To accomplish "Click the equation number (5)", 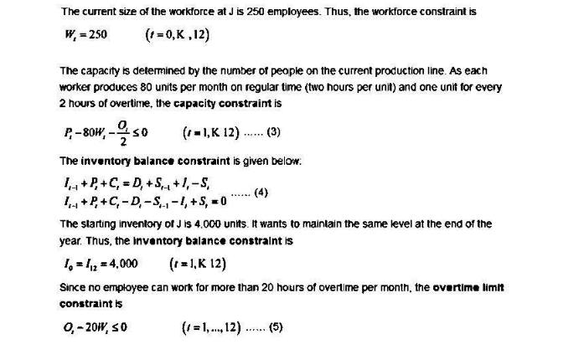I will point(277,327).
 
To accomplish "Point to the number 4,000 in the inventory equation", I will point(121,263).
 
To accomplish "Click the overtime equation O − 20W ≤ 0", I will point(94,327).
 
